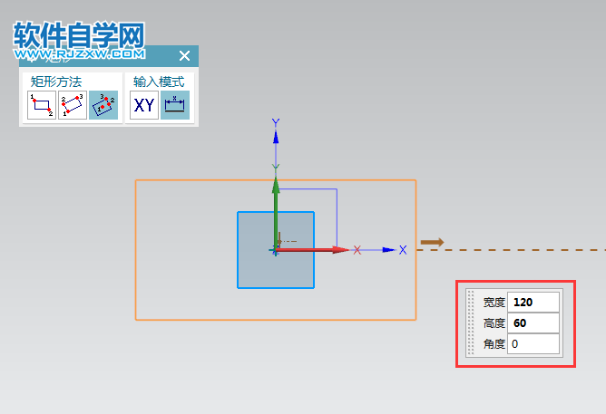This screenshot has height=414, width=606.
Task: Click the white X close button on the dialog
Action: (184, 56)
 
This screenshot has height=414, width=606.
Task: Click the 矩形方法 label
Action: (56, 81)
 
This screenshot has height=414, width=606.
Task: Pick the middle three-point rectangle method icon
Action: (73, 105)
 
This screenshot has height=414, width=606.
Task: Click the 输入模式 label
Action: (159, 81)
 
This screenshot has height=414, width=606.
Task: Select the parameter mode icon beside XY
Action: (174, 105)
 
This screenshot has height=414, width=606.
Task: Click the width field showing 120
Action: (533, 303)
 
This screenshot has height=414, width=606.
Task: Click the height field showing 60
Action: (533, 323)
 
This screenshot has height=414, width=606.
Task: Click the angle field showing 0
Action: (533, 344)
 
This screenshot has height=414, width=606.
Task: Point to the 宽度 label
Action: (494, 303)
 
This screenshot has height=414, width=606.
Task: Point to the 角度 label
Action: (494, 344)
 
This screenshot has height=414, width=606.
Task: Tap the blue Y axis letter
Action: (276, 122)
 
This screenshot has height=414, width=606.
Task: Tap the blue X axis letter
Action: (403, 250)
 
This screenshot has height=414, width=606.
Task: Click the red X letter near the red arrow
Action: (357, 250)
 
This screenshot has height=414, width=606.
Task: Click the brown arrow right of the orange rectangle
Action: (432, 242)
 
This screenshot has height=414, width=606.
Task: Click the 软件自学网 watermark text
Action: (80, 36)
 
